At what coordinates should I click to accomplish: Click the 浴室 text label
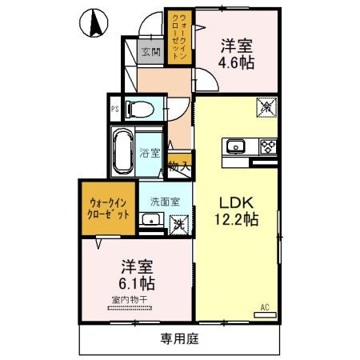pyautogui.click(x=150, y=153)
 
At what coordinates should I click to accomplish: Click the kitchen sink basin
pyautogui.click(x=237, y=146)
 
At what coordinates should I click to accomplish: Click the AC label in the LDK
pyautogui.click(x=265, y=306)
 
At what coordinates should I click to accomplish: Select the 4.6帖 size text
pyautogui.click(x=238, y=62)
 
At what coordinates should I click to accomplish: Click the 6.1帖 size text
pyautogui.click(x=138, y=282)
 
